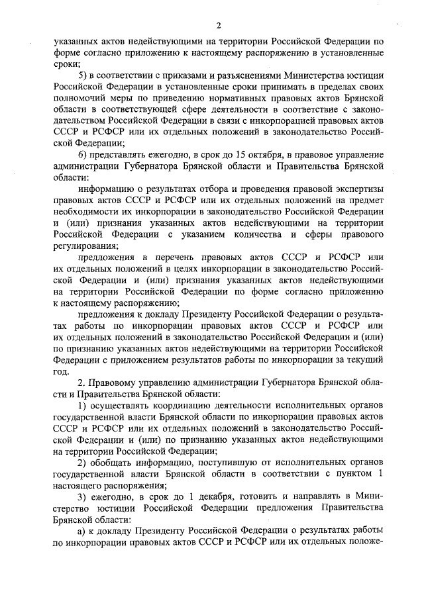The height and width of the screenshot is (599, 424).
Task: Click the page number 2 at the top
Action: pos(217,26)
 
